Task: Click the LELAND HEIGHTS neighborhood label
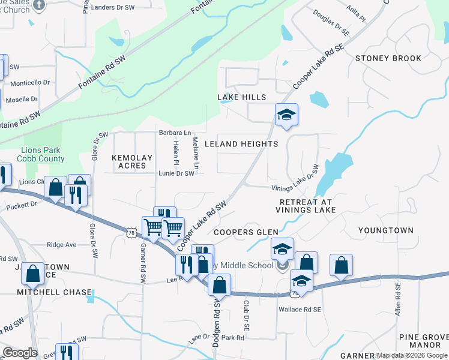[x=241, y=144]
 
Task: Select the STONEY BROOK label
[x=388, y=58]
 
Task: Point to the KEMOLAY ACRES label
[x=129, y=161]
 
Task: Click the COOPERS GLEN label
[x=246, y=232]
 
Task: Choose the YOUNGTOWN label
[x=386, y=230]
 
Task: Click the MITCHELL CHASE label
[x=55, y=292]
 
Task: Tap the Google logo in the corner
[x=20, y=352]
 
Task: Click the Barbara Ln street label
[x=174, y=133]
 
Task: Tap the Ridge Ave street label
[x=62, y=245]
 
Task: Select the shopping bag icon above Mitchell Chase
[x=32, y=274]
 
